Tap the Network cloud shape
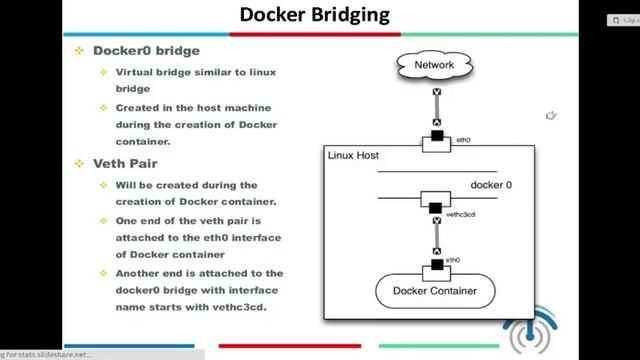click(x=434, y=66)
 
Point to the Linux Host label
click(x=353, y=157)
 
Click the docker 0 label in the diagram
click(x=491, y=185)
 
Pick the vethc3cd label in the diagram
click(x=462, y=214)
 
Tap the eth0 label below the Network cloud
click(x=463, y=141)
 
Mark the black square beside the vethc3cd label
click(x=435, y=209)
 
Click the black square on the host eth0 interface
click(x=436, y=135)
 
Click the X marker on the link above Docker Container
click(x=436, y=250)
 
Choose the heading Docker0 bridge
click(x=146, y=50)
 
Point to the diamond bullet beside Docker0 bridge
click(x=80, y=50)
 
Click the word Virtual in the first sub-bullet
click(x=136, y=73)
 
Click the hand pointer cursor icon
click(x=551, y=116)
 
